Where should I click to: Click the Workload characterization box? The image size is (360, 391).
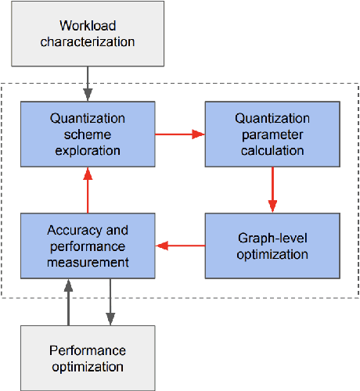(x=87, y=33)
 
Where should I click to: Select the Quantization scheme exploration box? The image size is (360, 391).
(x=87, y=134)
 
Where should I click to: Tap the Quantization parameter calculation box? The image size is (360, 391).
(x=271, y=134)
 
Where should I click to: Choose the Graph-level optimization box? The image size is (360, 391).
(x=271, y=246)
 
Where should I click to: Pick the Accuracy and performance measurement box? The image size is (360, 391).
(x=87, y=246)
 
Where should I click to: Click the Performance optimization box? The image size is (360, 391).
(x=87, y=357)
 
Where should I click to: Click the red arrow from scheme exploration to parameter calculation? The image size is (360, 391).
(x=179, y=134)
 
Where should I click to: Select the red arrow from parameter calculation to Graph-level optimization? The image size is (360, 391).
(x=272, y=189)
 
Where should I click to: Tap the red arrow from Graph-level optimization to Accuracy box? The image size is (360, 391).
(x=179, y=246)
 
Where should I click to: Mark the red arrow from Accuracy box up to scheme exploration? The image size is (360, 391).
(x=87, y=189)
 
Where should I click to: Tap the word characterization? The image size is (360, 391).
(x=87, y=42)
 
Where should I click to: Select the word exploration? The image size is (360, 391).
(x=87, y=150)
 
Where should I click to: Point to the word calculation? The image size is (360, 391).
(x=271, y=150)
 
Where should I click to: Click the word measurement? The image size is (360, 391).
(x=87, y=262)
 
